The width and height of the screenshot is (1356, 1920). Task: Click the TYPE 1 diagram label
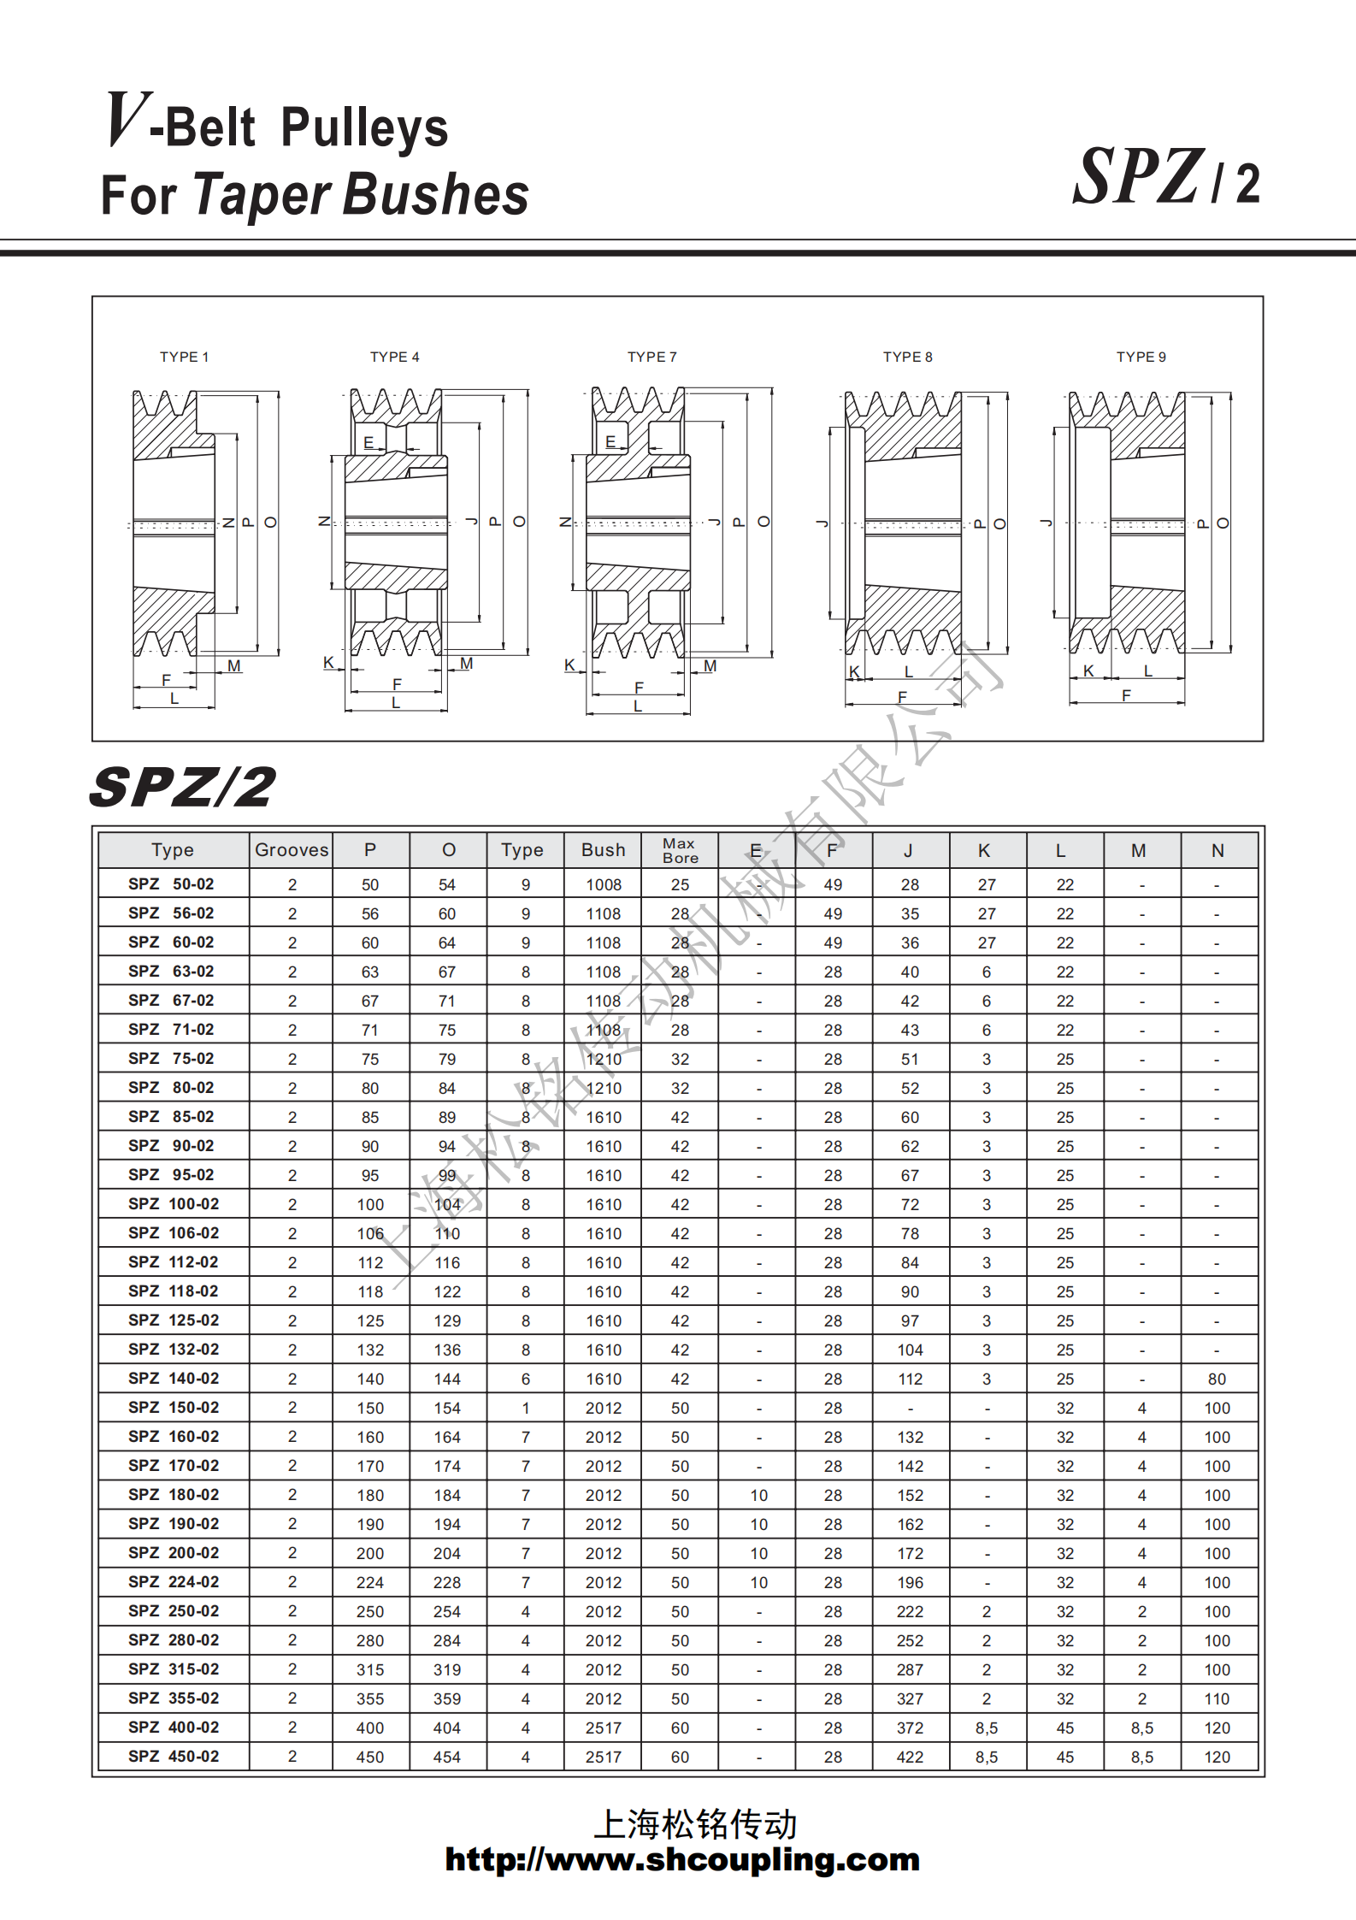[184, 357]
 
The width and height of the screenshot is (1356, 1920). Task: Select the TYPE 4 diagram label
[394, 357]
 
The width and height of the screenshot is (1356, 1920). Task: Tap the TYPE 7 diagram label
[651, 357]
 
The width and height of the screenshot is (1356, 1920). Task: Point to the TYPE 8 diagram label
[907, 357]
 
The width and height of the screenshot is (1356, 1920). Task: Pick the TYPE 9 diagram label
[1141, 357]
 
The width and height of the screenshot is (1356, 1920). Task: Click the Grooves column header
[292, 850]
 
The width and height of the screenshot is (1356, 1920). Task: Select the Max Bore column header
[680, 850]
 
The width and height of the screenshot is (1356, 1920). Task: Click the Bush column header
[603, 850]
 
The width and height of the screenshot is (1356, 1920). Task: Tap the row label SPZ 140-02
[174, 1378]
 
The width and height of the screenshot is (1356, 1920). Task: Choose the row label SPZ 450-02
[174, 1756]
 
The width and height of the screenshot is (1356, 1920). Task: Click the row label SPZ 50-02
[172, 883]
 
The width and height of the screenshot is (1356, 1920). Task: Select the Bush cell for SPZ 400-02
[603, 1728]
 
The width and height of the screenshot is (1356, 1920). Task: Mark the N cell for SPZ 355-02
[1217, 1698]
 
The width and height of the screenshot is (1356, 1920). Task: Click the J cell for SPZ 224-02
[910, 1582]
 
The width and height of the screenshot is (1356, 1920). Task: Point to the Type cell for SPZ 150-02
[525, 1408]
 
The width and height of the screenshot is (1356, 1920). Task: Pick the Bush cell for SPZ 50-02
[603, 884]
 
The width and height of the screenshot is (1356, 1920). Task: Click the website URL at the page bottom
[681, 1859]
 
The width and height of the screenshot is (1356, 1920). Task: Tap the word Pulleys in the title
[364, 128]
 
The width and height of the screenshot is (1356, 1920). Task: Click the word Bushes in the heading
[436, 194]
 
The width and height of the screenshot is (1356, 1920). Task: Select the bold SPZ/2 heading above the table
[182, 787]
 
